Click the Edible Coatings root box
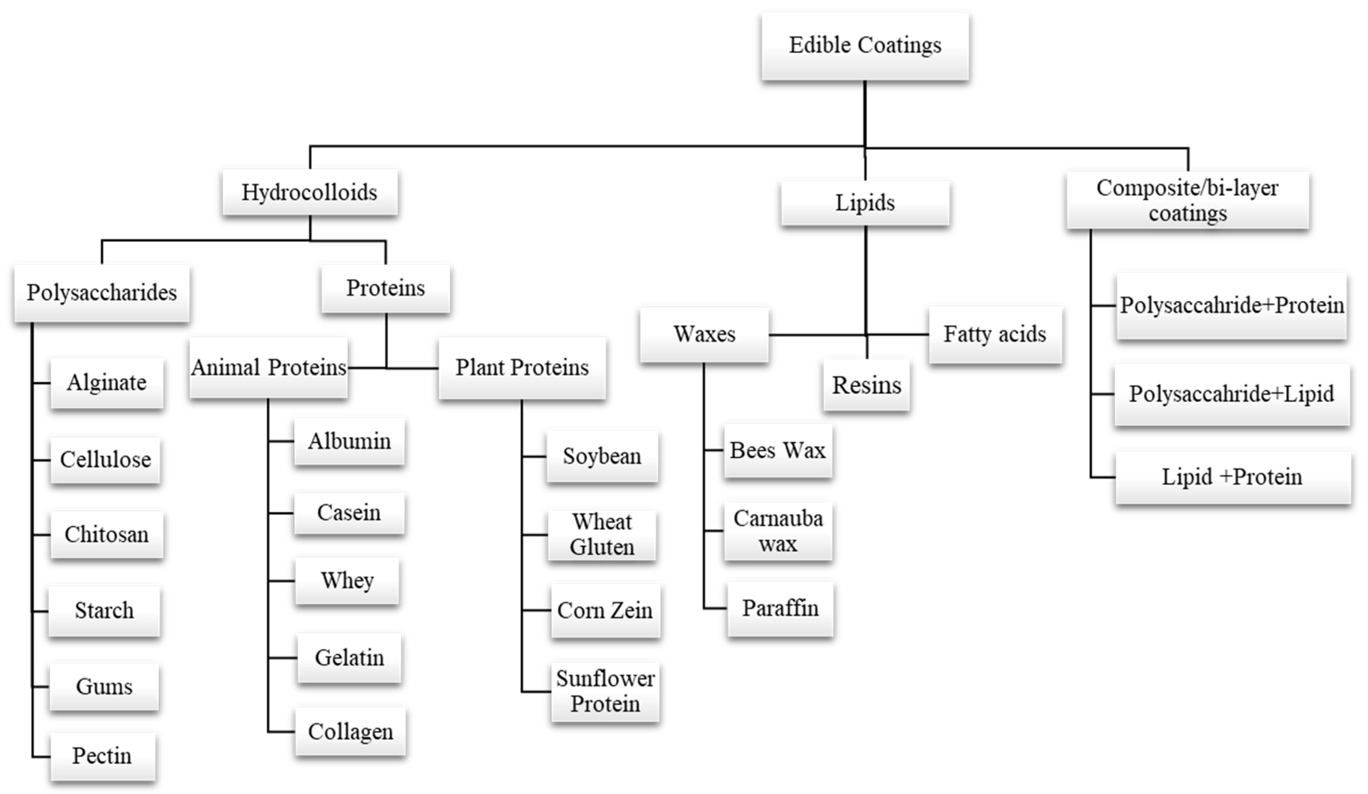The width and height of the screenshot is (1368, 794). pyautogui.click(x=865, y=46)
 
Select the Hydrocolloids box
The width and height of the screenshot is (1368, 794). pyautogui.click(x=309, y=192)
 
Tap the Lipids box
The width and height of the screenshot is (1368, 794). pyautogui.click(x=865, y=203)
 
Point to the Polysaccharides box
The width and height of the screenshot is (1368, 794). pyautogui.click(x=102, y=293)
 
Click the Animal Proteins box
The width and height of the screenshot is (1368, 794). pyautogui.click(x=269, y=368)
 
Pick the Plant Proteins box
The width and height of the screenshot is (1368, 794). pyautogui.click(x=522, y=368)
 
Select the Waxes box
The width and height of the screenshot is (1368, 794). pyautogui.click(x=704, y=334)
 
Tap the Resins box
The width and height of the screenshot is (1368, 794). pyautogui.click(x=867, y=385)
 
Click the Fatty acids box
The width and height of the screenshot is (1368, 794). pyautogui.click(x=995, y=334)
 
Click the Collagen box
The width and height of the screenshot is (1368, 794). pyautogui.click(x=350, y=732)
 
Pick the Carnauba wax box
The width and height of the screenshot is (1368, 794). pyautogui.click(x=778, y=531)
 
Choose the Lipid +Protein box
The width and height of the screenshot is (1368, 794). pyautogui.click(x=1232, y=477)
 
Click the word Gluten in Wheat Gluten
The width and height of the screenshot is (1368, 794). pyautogui.click(x=602, y=547)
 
